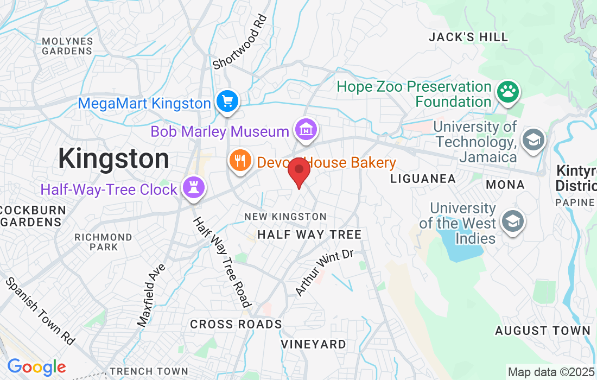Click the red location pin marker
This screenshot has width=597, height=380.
(x=298, y=171)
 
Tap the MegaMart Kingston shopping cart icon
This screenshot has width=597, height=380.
(x=227, y=101)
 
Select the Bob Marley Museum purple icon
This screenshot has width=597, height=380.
(x=305, y=130)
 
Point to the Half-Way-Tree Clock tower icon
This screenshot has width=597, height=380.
(x=194, y=187)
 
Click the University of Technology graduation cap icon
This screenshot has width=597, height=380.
(x=534, y=140)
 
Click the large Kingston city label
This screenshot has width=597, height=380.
(x=113, y=159)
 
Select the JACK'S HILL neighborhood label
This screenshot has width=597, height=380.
(x=468, y=37)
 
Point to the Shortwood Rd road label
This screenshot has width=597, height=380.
(x=240, y=42)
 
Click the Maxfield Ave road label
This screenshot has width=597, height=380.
(x=151, y=295)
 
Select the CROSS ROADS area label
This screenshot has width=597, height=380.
(x=236, y=324)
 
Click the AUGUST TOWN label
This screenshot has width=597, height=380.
(x=543, y=330)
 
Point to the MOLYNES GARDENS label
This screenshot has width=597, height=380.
(x=67, y=46)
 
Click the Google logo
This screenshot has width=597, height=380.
(x=36, y=367)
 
